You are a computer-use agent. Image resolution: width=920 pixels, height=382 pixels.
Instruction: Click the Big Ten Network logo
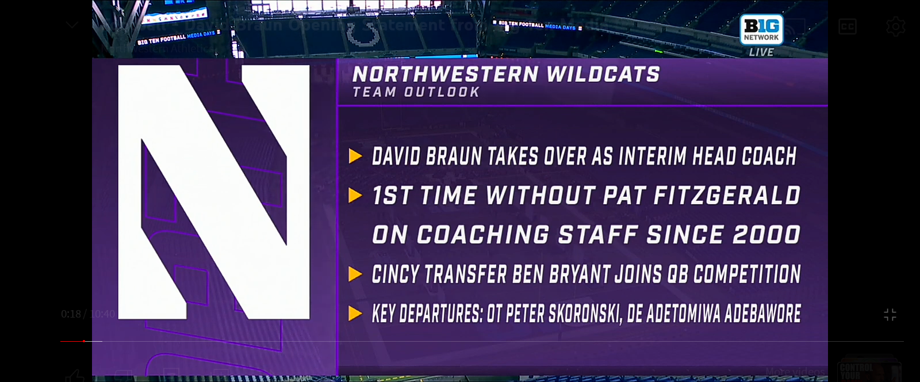click(761, 29)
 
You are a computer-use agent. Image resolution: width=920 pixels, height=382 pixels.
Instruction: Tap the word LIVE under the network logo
click(761, 52)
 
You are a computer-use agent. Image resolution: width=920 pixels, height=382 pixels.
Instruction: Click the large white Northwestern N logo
click(214, 192)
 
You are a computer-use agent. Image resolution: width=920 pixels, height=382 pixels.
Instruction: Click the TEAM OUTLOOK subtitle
click(416, 92)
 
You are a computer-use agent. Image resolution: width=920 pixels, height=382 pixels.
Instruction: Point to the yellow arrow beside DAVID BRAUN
click(355, 156)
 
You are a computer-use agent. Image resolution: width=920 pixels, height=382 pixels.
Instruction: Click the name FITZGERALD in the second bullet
click(727, 196)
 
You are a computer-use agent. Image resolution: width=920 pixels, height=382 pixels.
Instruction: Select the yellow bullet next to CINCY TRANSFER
click(355, 274)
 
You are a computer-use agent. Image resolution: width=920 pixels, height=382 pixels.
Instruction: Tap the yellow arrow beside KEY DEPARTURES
click(355, 314)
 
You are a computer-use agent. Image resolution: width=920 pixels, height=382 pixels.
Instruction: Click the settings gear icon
click(895, 26)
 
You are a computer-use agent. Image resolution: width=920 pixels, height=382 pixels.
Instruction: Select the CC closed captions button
click(848, 26)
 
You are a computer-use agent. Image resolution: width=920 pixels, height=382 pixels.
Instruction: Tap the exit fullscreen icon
click(890, 315)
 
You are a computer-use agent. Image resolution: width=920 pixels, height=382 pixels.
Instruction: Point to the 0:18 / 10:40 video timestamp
click(87, 314)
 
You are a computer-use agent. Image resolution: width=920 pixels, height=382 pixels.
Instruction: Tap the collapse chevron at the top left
click(72, 25)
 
